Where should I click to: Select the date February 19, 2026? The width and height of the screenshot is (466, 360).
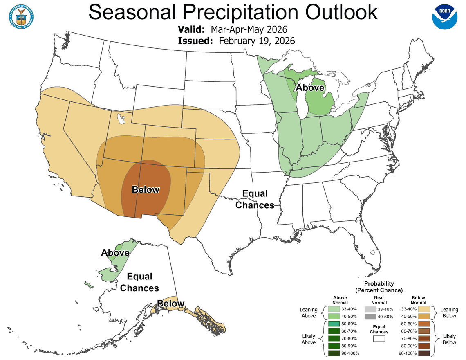click(257, 41)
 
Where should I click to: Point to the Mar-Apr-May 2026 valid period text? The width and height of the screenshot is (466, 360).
click(249, 30)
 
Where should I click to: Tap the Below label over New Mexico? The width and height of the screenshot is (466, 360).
click(145, 189)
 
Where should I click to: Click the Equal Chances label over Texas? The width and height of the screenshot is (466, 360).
click(255, 199)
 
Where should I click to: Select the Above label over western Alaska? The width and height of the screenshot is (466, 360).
click(115, 253)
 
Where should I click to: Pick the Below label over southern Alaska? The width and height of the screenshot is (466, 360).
click(170, 304)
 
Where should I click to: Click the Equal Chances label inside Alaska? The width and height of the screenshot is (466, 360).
click(139, 283)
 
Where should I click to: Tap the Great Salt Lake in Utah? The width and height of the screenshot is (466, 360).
click(121, 119)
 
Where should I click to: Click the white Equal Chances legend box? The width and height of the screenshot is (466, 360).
click(379, 339)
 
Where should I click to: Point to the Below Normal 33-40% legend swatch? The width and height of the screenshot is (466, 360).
click(424, 309)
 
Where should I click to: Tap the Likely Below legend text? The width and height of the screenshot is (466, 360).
click(449, 339)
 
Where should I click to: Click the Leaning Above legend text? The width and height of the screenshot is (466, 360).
click(309, 313)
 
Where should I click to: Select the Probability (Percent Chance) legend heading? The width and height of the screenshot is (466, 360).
click(379, 287)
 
